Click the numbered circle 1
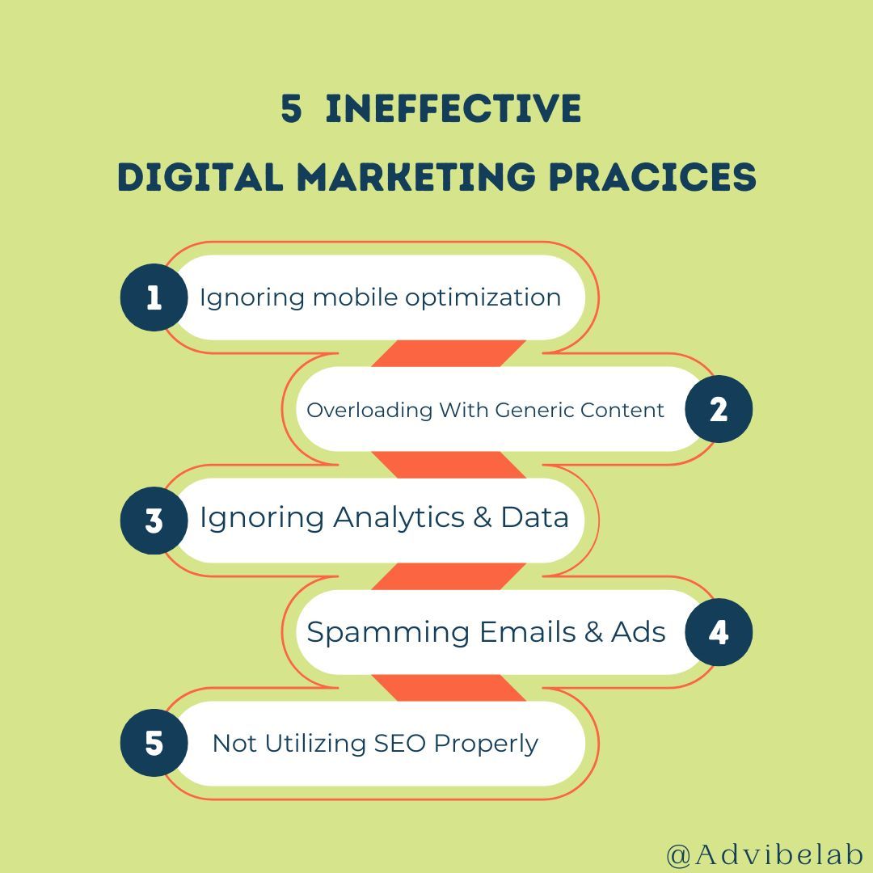(x=154, y=297)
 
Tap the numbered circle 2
(x=719, y=409)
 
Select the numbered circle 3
(x=154, y=521)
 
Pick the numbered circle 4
(x=719, y=632)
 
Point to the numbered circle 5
(x=154, y=743)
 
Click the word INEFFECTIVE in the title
(x=453, y=109)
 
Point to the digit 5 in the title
(x=291, y=109)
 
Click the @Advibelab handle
(x=765, y=854)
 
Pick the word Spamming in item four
(x=388, y=632)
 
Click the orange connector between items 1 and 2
(x=449, y=353)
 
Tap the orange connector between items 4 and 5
(x=449, y=688)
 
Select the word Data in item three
(x=534, y=517)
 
